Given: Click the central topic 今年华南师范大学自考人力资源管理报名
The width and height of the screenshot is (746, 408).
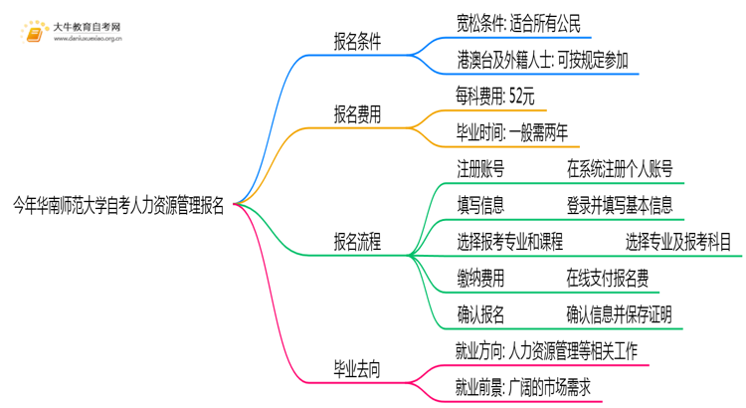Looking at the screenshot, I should [117, 207].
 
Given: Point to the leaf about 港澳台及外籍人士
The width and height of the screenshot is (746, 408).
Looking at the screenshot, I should [541, 60].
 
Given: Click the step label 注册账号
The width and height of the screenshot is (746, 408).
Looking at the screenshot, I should [480, 169].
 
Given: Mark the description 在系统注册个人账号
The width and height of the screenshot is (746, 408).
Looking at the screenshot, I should [619, 169].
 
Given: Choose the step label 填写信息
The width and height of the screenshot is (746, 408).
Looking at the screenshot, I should [480, 205].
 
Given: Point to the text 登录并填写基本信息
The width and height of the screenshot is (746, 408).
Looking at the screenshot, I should [619, 205].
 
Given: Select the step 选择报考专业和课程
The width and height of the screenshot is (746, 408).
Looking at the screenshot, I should [511, 242].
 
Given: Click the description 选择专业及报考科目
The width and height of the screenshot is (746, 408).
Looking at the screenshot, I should [679, 242].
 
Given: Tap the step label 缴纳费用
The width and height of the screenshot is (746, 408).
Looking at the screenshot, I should [480, 279].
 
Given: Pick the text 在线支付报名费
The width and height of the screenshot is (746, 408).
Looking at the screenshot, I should [609, 279].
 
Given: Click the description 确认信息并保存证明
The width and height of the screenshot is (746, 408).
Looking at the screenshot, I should [619, 314].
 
